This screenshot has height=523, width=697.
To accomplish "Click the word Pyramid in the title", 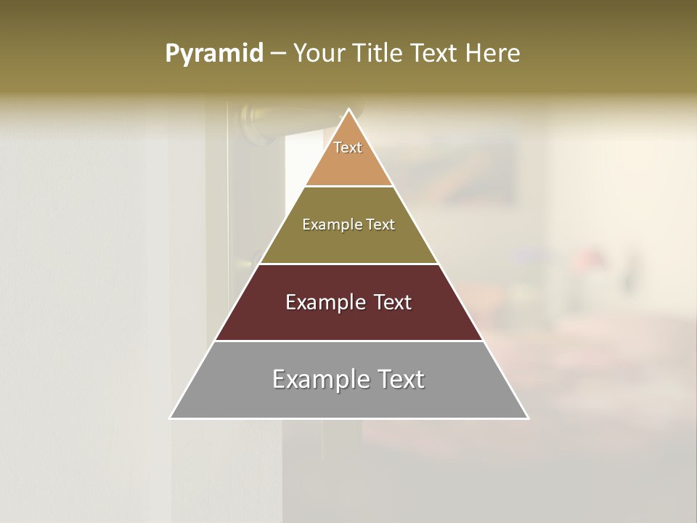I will pos(214,53).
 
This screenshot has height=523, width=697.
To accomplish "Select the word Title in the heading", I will pos(379,53).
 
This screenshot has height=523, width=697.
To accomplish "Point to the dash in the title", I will pos(278,54).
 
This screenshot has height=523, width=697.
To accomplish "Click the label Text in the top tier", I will pos(348,147).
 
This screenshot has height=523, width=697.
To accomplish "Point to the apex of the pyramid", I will pos(348,110).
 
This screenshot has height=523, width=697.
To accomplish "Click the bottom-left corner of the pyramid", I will pos(171,418).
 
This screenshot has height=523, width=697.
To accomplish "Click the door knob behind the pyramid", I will pos(258,119).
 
